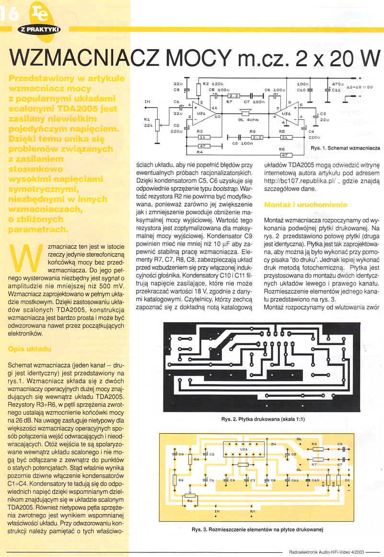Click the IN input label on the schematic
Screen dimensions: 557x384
click(148, 102)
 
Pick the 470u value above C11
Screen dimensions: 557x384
click(336, 83)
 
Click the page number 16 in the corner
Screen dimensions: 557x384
click(10, 14)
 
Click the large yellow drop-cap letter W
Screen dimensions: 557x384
click(26, 257)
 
